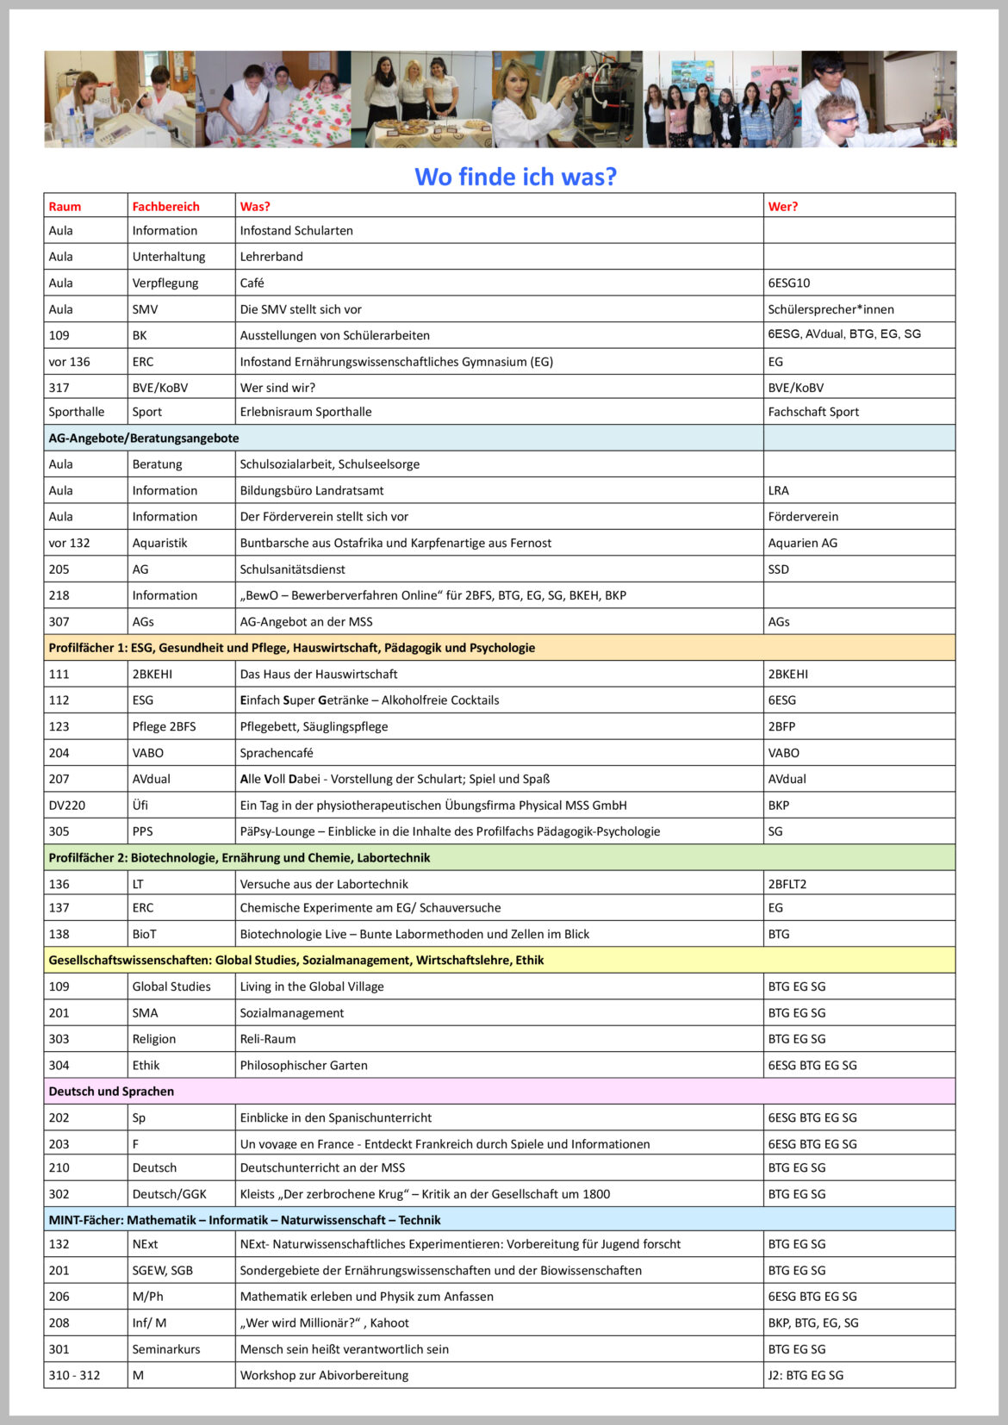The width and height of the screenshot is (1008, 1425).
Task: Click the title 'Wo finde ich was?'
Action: coord(515,177)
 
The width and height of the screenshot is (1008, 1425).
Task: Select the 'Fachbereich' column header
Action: coord(165,207)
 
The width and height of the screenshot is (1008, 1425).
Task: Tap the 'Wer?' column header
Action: coord(782,207)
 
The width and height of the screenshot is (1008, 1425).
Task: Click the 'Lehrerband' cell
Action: coord(271,257)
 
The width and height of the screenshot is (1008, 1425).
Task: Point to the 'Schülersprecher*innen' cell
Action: coord(831,309)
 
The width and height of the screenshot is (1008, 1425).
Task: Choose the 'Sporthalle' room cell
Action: coord(76,412)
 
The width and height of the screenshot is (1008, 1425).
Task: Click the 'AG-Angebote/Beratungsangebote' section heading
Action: coord(144,439)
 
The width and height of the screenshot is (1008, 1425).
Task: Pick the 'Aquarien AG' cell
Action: coord(802,543)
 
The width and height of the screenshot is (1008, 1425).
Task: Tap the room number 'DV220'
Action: coord(67,806)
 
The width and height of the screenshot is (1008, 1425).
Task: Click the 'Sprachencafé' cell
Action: coord(277,753)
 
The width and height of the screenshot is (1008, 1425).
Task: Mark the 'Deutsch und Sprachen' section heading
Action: coord(111,1092)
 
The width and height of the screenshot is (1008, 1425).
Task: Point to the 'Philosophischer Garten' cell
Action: coord(303,1066)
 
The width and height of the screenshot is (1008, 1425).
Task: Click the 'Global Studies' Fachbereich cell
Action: coord(171,986)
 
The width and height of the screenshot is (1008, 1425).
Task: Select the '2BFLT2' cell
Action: coord(787,884)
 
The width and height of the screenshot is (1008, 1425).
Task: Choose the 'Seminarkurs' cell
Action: coord(166,1349)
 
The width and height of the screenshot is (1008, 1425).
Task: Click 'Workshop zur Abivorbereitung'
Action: coord(324,1375)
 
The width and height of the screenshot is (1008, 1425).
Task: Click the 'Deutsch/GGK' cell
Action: coord(169,1194)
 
